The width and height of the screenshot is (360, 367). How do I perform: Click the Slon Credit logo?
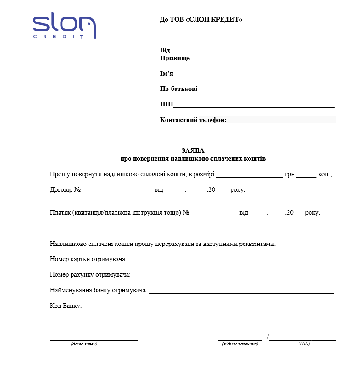[64, 27]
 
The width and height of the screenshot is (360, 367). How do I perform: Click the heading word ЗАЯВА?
[193, 150]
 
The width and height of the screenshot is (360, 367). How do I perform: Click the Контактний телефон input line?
[282, 122]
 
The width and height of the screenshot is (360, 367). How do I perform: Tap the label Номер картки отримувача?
[88, 260]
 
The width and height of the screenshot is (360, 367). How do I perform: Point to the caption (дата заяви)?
[84, 344]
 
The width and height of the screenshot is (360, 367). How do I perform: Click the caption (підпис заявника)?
[240, 344]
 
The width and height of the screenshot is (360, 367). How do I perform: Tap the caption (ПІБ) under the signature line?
[304, 344]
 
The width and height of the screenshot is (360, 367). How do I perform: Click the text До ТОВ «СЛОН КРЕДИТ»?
[201, 20]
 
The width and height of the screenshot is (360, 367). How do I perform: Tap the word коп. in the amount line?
[324, 175]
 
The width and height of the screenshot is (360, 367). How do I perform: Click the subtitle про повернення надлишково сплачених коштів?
[193, 159]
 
